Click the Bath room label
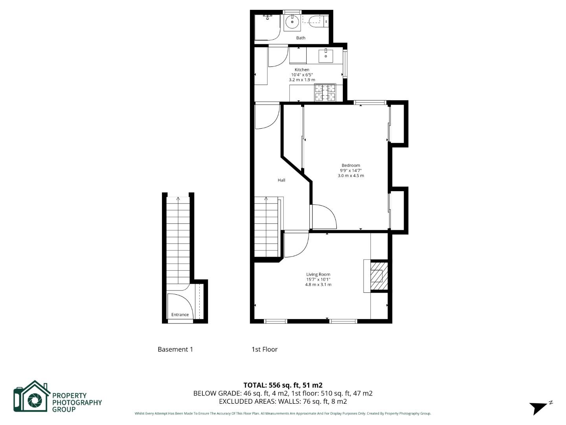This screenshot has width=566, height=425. [301, 38]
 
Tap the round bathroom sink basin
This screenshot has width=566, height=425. [292, 22]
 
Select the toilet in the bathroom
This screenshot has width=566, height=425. [316, 20]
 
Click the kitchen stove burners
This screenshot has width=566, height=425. [325, 92]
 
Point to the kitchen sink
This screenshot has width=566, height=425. [325, 56]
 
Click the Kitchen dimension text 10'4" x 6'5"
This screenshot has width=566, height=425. [302, 75]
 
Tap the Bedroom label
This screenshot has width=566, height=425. [351, 165]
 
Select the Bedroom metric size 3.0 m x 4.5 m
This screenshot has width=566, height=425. [351, 176]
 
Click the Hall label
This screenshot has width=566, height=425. [281, 180]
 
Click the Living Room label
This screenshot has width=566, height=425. [318, 274]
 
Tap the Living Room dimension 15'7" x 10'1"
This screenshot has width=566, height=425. [318, 279]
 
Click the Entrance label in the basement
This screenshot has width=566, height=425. [180, 314]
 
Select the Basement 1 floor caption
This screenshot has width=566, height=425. [175, 349]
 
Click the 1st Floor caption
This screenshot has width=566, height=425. [265, 349]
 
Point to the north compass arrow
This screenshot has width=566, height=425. [540, 407]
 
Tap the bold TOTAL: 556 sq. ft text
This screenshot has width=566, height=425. [283, 385]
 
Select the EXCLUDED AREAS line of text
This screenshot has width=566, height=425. [283, 401]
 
